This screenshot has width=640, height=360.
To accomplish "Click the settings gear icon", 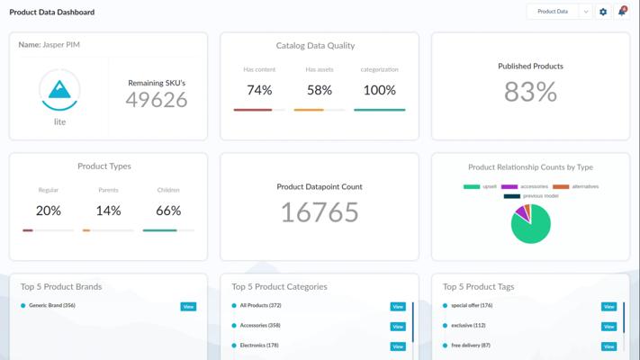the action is point(603,12).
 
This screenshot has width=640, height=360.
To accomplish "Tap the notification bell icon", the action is point(622,11).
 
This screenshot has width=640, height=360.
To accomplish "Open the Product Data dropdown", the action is point(559,12).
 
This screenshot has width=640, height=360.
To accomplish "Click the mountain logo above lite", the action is point(59,90).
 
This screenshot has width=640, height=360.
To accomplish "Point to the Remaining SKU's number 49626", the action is point(157,100).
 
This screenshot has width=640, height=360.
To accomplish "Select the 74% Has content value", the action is point(259,90).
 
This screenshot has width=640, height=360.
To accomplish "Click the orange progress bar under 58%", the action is point(309,110).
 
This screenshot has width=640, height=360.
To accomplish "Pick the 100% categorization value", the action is point(380,90).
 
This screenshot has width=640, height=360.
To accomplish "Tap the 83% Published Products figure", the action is point(530,92).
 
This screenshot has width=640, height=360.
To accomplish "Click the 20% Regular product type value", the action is point(49,211).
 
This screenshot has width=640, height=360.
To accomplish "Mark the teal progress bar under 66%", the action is point(159,230).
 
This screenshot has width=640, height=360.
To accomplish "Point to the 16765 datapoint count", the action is point(320,212).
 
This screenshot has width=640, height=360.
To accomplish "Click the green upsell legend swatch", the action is point(472,186).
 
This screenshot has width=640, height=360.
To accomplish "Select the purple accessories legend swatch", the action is point(509,186).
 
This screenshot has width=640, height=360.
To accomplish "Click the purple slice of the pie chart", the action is point(521,212).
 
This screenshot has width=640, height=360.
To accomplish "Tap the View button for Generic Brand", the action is point(188,307).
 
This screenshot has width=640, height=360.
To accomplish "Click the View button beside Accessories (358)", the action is point(398,327).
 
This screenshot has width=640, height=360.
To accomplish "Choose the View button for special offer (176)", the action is point(609,307).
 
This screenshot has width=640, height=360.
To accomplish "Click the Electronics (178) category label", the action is point(259,346).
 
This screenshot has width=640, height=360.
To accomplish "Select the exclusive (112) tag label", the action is point(468,325).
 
